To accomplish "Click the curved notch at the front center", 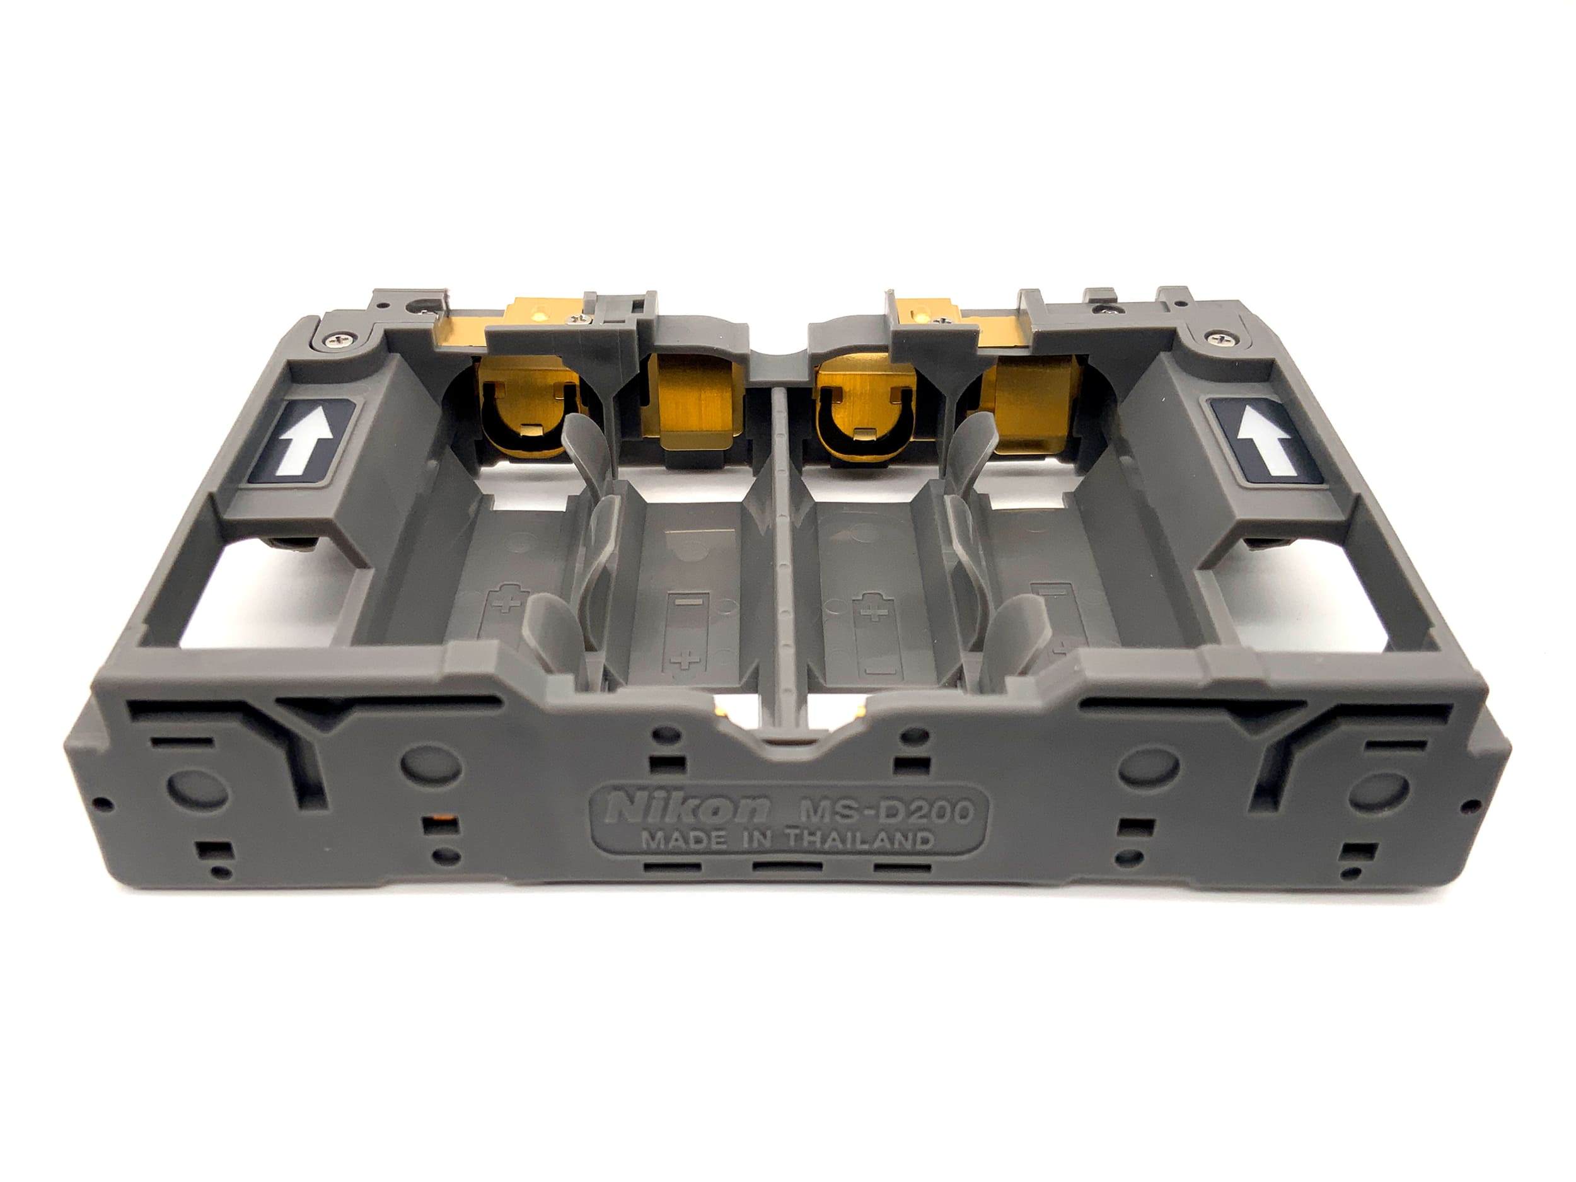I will pos(789,741).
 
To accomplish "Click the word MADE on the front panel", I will pos(674,840).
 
